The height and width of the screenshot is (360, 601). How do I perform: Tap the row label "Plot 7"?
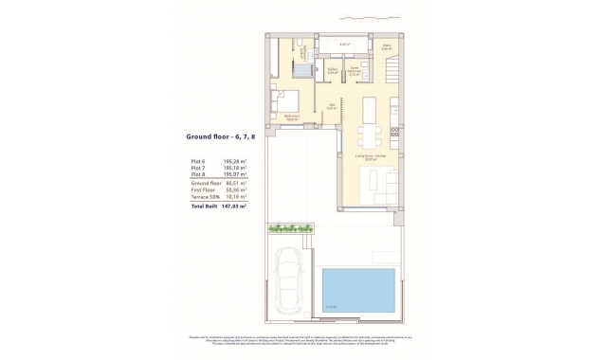click(x=199, y=169)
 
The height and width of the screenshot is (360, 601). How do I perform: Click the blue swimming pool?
click(x=356, y=290)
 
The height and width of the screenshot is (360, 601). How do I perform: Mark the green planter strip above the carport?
click(x=292, y=228)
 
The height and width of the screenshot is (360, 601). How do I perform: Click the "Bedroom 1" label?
click(x=292, y=117)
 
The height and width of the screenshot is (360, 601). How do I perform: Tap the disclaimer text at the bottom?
click(x=300, y=340)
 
